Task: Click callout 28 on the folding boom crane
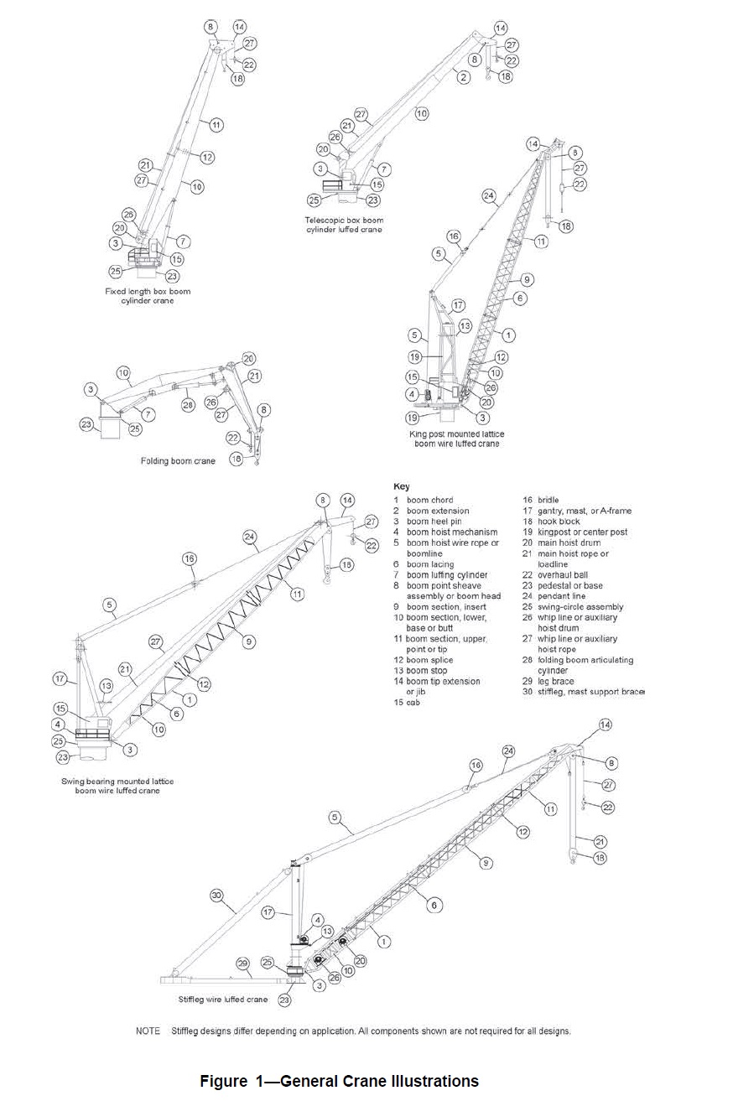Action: click(189, 406)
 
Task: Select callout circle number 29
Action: click(242, 964)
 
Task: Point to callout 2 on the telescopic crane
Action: click(463, 77)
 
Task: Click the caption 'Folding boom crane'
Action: click(178, 461)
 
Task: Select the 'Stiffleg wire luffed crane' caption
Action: click(223, 1000)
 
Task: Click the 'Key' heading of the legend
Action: click(401, 486)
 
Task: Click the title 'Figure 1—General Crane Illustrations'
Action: click(339, 1081)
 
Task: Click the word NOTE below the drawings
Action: click(148, 1031)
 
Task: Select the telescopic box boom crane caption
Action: click(343, 226)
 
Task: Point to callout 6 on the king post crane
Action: click(521, 299)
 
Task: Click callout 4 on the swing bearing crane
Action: click(58, 724)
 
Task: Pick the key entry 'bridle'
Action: click(548, 500)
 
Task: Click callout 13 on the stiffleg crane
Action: click(328, 932)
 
